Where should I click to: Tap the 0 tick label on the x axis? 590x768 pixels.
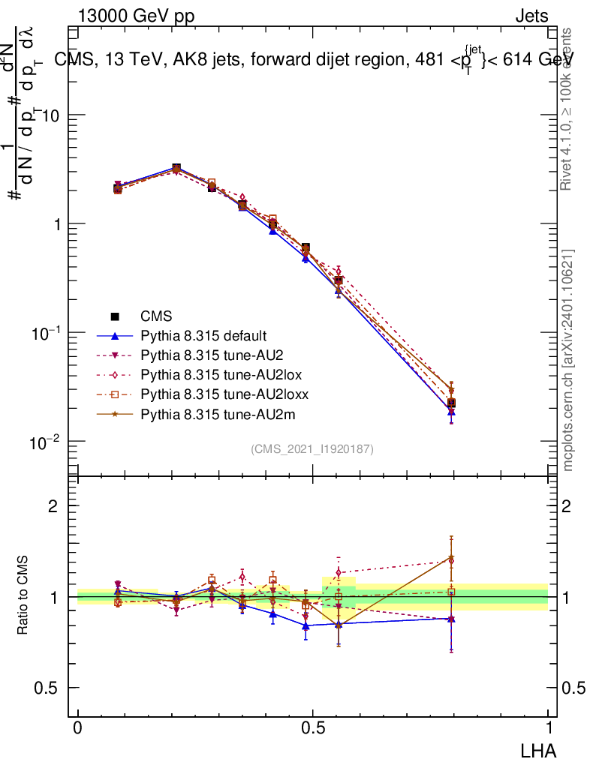coord(78,728)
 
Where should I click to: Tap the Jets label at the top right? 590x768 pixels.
coord(531,16)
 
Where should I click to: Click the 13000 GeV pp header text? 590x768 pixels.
coord(136,16)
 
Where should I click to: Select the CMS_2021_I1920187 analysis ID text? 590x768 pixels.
coord(312,448)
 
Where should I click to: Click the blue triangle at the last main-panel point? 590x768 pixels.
coord(451,411)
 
